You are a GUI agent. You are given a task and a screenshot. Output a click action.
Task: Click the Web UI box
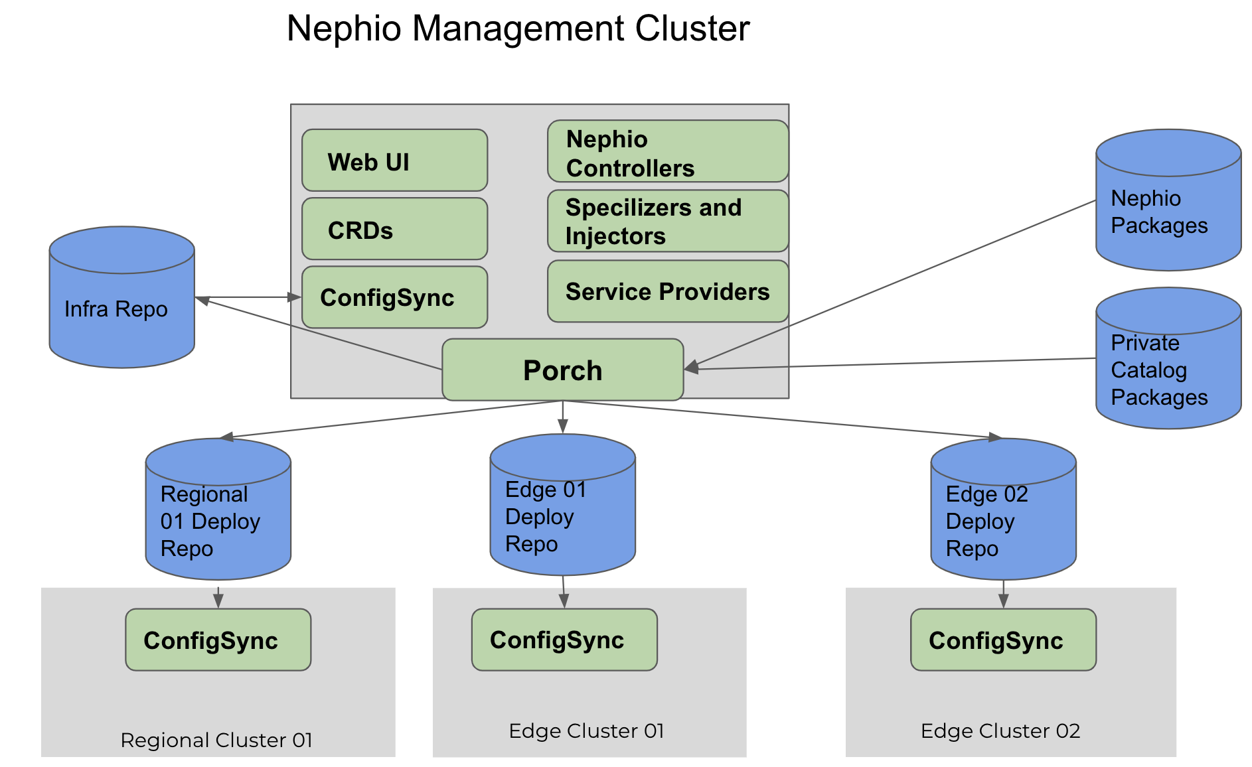[x=394, y=161]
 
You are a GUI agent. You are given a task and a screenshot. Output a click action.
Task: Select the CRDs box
[x=394, y=229]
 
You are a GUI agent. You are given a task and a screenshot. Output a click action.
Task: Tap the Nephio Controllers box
[x=667, y=152]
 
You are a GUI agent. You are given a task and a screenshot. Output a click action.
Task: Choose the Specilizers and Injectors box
[x=667, y=222]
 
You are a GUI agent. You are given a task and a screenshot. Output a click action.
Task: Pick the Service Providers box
[x=667, y=291]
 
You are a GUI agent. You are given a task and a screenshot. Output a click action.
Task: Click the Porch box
[x=562, y=370]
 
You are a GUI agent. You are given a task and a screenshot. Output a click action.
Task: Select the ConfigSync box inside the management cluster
[x=394, y=297]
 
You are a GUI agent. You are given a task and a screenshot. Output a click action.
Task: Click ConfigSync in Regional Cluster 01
[x=218, y=640]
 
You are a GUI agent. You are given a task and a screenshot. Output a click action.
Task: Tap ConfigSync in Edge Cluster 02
[x=1002, y=640]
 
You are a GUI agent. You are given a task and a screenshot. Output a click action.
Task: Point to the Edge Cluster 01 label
[x=586, y=731]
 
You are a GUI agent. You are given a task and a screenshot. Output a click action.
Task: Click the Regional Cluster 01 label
[x=216, y=740]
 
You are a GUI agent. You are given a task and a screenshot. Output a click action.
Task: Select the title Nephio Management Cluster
[x=518, y=29]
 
